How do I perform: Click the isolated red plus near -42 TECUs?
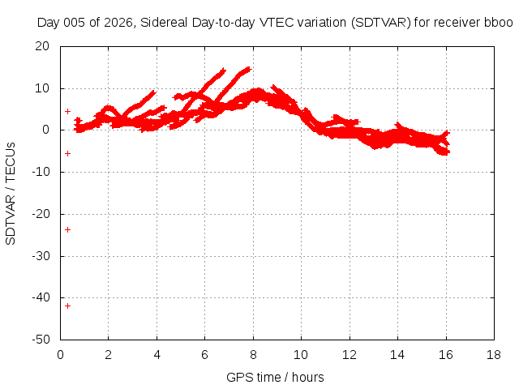(x=67, y=306)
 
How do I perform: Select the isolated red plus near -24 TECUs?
(x=67, y=229)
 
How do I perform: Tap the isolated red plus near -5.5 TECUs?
(x=67, y=153)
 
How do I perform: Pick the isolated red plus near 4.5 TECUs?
(x=67, y=112)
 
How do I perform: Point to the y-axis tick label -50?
(x=41, y=340)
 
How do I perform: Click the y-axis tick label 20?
(x=42, y=46)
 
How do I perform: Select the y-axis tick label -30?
(x=41, y=256)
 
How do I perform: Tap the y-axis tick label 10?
(x=42, y=88)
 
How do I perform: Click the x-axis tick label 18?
(x=494, y=355)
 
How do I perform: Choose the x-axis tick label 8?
(x=253, y=355)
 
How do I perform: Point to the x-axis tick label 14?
(x=397, y=355)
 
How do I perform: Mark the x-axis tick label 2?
(x=108, y=355)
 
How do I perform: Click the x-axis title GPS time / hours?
(x=275, y=378)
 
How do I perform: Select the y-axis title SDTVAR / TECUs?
(x=11, y=194)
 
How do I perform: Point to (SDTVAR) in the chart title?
(x=380, y=23)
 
